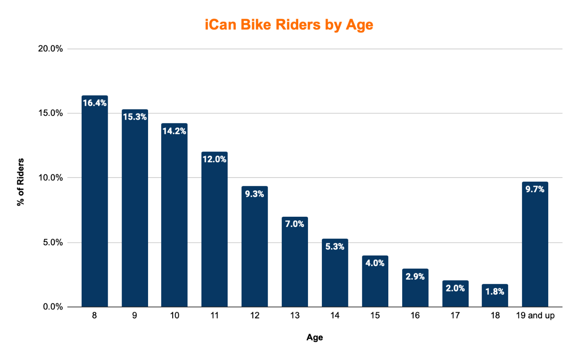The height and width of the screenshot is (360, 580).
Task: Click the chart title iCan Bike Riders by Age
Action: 289,25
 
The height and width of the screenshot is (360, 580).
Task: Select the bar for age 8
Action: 95,204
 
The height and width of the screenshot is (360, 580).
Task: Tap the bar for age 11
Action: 215,233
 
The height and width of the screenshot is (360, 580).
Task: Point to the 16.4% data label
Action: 95,103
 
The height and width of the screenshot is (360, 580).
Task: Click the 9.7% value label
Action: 535,189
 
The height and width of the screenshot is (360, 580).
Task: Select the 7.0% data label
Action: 294,224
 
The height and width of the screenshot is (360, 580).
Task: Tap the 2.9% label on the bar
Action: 415,276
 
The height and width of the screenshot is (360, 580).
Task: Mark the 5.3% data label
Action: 334,247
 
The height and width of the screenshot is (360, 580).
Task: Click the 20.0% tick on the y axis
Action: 51,49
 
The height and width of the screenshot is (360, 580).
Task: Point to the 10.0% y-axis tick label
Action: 51,178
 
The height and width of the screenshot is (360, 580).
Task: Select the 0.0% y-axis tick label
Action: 53,307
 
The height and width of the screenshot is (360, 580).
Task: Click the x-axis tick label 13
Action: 294,316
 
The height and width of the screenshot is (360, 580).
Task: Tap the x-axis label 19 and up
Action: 535,316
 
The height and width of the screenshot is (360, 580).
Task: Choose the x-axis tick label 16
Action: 415,316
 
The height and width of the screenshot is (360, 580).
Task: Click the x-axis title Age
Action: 314,338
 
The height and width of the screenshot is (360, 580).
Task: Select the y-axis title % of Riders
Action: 21,182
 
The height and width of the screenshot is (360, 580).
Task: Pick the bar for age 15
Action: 375,284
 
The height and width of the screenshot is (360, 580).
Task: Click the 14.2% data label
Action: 175,131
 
